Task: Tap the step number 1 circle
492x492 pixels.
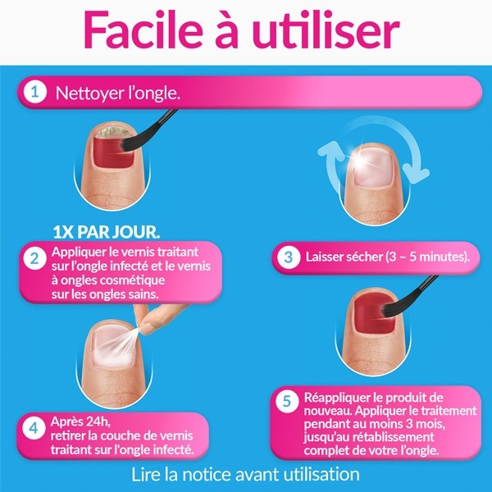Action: pyautogui.click(x=34, y=93)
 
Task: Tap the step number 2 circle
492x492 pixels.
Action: pyautogui.click(x=34, y=261)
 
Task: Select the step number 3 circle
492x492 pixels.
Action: pyautogui.click(x=288, y=257)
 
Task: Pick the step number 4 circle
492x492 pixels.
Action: pyautogui.click(x=34, y=428)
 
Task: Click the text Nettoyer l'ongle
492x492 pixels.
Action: pyautogui.click(x=117, y=93)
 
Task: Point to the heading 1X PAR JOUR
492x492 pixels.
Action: pyautogui.click(x=106, y=228)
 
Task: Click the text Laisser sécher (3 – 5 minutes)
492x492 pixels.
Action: pyautogui.click(x=387, y=257)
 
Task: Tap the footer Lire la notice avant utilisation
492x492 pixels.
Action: pyautogui.click(x=245, y=474)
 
